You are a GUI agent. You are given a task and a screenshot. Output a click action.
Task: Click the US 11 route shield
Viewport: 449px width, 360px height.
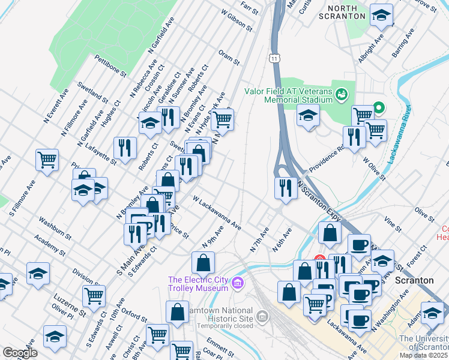coord(274,58)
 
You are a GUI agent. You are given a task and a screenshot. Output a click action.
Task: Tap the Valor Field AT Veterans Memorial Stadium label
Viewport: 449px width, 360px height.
coord(288,95)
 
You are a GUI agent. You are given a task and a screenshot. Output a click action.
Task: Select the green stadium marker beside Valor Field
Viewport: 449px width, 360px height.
coord(342,94)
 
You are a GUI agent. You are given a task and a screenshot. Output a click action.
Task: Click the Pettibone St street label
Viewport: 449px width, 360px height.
coord(110,65)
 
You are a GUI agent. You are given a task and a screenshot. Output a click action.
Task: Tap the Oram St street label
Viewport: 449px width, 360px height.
coord(229,58)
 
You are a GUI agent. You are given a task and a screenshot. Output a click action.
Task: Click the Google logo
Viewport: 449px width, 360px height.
coord(20,352)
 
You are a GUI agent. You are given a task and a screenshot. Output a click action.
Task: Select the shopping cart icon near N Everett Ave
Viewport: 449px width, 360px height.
coord(47,160)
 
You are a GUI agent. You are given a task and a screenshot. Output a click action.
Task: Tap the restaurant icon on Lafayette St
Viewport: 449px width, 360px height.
coord(125,147)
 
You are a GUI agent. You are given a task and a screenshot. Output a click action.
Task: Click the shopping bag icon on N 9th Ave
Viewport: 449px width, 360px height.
coord(203,262)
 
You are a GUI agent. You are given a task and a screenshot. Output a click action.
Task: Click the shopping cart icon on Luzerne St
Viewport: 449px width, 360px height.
coord(94,295)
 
